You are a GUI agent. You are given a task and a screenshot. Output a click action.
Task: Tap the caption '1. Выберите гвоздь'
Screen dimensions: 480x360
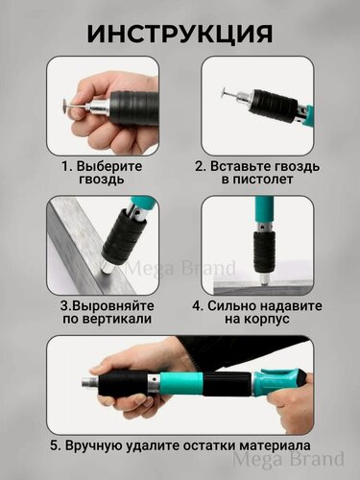[105, 173]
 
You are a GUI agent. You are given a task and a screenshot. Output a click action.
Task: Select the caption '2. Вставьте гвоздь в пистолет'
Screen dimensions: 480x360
[257, 173]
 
